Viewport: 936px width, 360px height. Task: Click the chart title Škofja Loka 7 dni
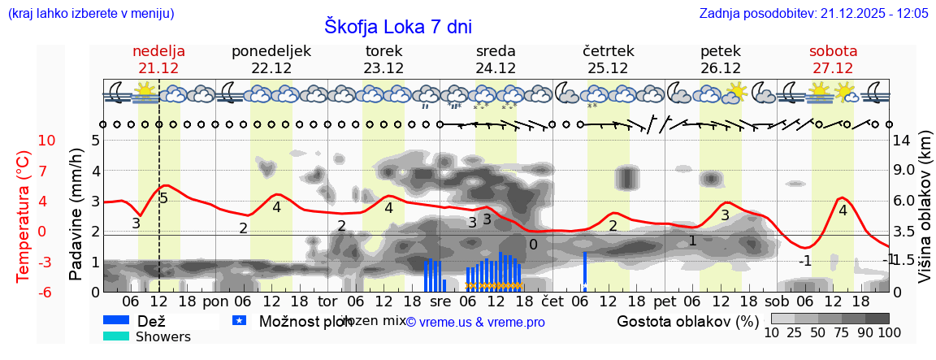397,26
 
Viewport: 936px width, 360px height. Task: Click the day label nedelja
158,51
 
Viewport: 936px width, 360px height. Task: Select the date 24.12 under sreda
496,68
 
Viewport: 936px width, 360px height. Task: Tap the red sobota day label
833,51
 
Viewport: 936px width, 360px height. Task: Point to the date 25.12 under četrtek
608,68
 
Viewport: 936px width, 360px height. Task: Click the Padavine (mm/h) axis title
76,215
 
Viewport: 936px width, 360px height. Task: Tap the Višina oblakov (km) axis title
925,215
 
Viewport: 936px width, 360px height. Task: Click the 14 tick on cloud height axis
903,141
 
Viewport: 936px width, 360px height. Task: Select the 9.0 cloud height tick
904,171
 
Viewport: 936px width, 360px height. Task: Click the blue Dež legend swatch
116,321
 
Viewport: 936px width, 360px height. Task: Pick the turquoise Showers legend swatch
116,336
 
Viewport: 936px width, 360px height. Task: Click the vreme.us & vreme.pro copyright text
475,322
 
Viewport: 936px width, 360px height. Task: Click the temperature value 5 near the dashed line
163,198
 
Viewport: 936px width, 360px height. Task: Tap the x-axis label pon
216,301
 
